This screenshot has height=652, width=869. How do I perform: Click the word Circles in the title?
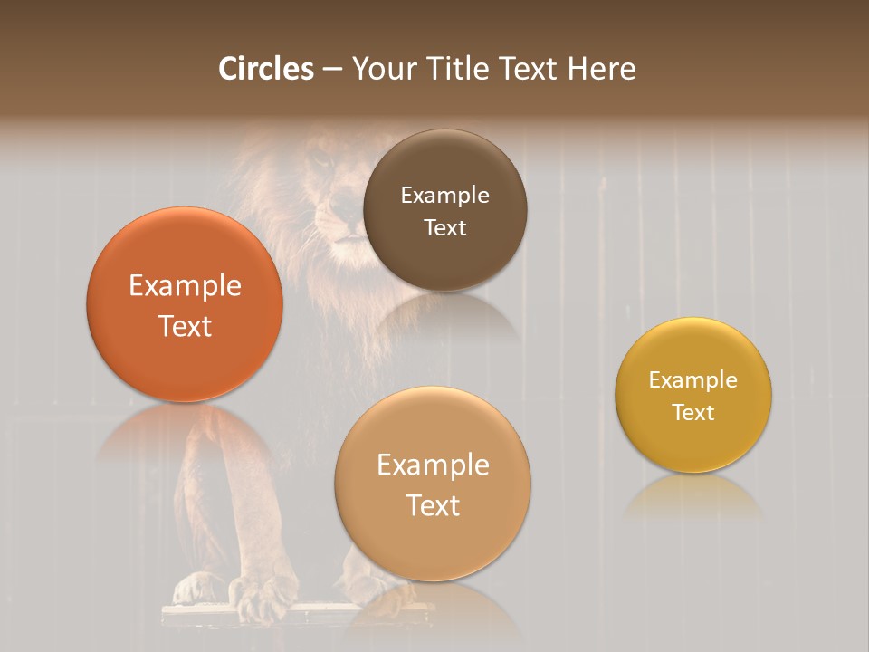[266, 69]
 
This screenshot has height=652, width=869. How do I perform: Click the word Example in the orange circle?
[185, 286]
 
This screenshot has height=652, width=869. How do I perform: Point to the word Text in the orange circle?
[185, 326]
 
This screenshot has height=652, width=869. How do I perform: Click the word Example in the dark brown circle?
[444, 196]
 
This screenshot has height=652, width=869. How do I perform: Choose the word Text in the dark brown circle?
[444, 227]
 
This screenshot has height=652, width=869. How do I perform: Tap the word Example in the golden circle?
[693, 380]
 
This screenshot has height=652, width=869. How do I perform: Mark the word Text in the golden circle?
[693, 412]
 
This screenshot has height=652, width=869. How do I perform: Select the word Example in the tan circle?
[433, 465]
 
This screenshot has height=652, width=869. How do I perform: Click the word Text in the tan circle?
[433, 505]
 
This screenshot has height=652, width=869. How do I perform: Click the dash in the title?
[332, 70]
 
